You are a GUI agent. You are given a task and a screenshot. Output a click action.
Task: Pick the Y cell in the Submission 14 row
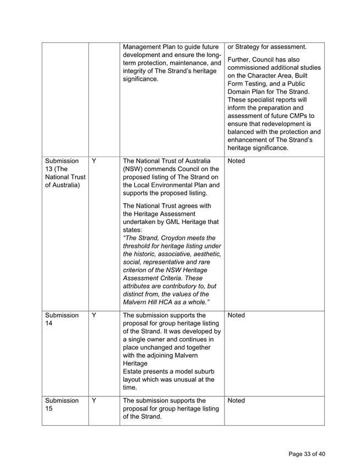click(94, 316)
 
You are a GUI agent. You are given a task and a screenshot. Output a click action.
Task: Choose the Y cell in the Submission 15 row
click(94, 401)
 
